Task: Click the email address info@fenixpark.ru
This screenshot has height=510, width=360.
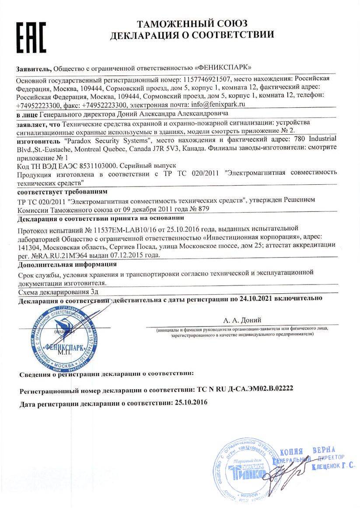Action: pyautogui.click(x=216, y=105)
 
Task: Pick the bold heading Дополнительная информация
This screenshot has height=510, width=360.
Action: pyautogui.click(x=67, y=264)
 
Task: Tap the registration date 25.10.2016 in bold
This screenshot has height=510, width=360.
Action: pyautogui.click(x=190, y=402)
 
